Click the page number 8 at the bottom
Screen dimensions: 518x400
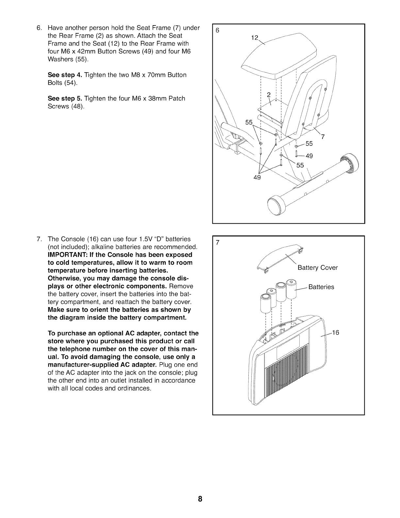click(x=200, y=499)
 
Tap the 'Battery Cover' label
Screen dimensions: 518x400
click(x=317, y=268)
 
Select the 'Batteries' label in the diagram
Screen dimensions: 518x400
click(x=321, y=287)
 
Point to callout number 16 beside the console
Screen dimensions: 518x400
click(x=336, y=333)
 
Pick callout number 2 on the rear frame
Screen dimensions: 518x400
click(x=269, y=95)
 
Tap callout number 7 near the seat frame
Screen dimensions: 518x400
click(x=323, y=137)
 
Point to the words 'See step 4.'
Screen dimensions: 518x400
click(x=65, y=75)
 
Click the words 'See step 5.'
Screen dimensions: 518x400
click(x=65, y=98)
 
